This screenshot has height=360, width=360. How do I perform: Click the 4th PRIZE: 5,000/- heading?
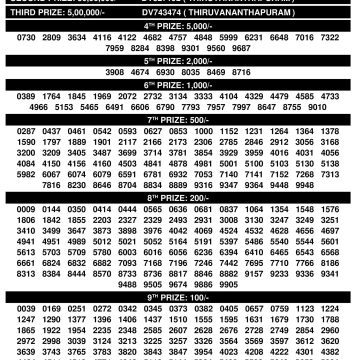(180, 27)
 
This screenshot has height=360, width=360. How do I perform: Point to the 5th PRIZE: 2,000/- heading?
(180, 60)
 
